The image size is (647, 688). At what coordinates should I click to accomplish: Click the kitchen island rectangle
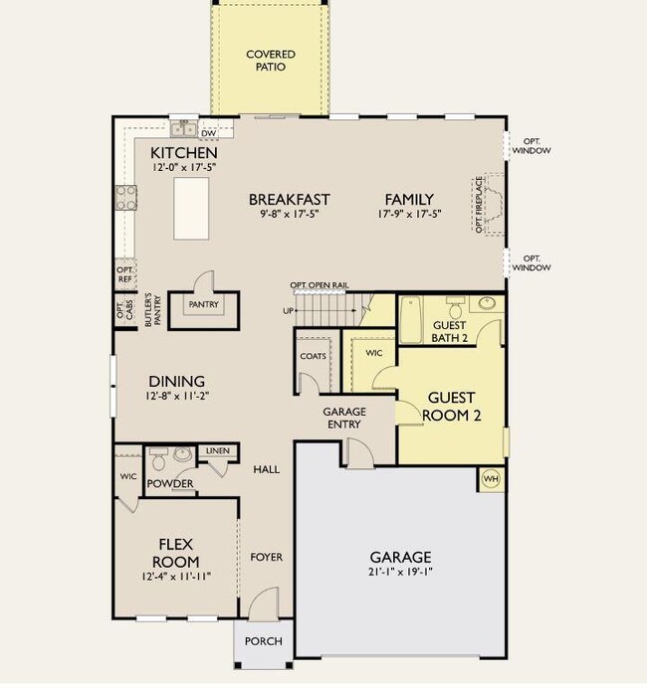[x=191, y=209]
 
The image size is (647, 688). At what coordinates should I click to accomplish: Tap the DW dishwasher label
[x=209, y=133]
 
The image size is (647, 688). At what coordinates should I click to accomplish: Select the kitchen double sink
[x=184, y=129]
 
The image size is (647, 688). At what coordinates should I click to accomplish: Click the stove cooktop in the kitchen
[x=126, y=198]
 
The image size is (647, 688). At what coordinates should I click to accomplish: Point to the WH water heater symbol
[x=491, y=478]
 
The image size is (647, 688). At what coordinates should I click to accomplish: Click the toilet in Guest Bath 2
[x=455, y=308]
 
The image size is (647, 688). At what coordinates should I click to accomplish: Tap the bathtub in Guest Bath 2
[x=411, y=319]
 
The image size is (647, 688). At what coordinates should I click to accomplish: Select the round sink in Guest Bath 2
[x=487, y=303]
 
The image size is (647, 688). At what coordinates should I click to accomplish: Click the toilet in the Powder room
[x=157, y=458]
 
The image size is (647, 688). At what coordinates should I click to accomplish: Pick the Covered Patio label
[x=271, y=61]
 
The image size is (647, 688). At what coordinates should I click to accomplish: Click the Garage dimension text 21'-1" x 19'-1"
[x=400, y=572]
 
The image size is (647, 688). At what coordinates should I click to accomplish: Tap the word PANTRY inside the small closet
[x=203, y=304]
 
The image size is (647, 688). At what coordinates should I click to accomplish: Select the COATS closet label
[x=313, y=356]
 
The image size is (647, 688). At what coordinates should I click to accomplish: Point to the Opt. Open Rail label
[x=320, y=285]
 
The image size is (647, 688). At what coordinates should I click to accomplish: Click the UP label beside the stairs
[x=288, y=310]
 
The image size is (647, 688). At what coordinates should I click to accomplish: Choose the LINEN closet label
[x=217, y=450]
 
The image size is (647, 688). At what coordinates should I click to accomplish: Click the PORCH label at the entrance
[x=264, y=641]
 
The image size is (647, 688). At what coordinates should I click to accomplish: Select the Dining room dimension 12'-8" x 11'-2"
[x=177, y=396]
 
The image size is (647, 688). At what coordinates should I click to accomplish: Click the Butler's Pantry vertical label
[x=153, y=310]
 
